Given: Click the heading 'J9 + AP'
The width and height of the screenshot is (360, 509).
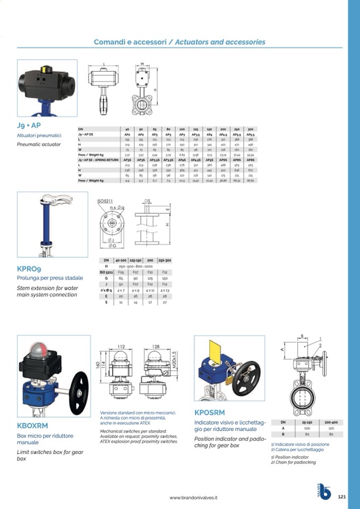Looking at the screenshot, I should coord(29,126).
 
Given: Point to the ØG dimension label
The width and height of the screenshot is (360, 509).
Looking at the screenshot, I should coord(113,245).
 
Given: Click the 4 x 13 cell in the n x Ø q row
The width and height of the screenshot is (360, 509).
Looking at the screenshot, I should coord(165,290).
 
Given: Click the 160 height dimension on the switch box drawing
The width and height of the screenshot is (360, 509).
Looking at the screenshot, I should coord(98,366).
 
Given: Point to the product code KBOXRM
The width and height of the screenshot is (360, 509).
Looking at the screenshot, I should coord(33,425).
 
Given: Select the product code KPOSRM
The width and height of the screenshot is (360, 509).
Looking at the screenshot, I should coord(209,412).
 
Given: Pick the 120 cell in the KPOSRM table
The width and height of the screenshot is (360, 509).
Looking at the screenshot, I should coord(331,428).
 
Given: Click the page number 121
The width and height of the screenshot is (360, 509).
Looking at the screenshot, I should coord(342,497).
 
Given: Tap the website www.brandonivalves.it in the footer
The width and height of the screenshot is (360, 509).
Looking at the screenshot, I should coord(194,497).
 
